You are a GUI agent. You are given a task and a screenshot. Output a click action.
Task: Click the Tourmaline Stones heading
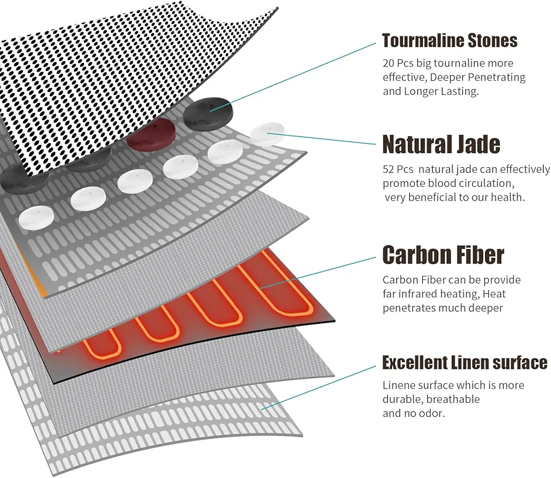(449, 41)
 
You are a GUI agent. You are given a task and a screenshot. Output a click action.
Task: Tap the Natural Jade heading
(441, 144)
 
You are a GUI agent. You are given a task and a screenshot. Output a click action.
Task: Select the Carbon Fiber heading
(443, 255)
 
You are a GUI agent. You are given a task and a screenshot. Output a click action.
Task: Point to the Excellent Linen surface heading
(465, 362)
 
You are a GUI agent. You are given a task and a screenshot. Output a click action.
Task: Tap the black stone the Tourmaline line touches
(208, 113)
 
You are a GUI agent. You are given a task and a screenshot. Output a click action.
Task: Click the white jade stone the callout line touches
(267, 134)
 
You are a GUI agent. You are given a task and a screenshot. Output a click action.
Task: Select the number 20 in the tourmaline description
(388, 64)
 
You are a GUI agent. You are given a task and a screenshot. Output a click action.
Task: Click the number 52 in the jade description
(388, 170)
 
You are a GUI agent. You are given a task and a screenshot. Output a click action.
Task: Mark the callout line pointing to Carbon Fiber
(317, 273)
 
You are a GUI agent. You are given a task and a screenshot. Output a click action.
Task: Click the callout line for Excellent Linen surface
(319, 387)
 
